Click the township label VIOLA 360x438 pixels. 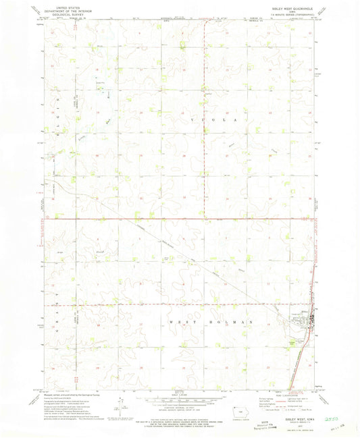[207, 119]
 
